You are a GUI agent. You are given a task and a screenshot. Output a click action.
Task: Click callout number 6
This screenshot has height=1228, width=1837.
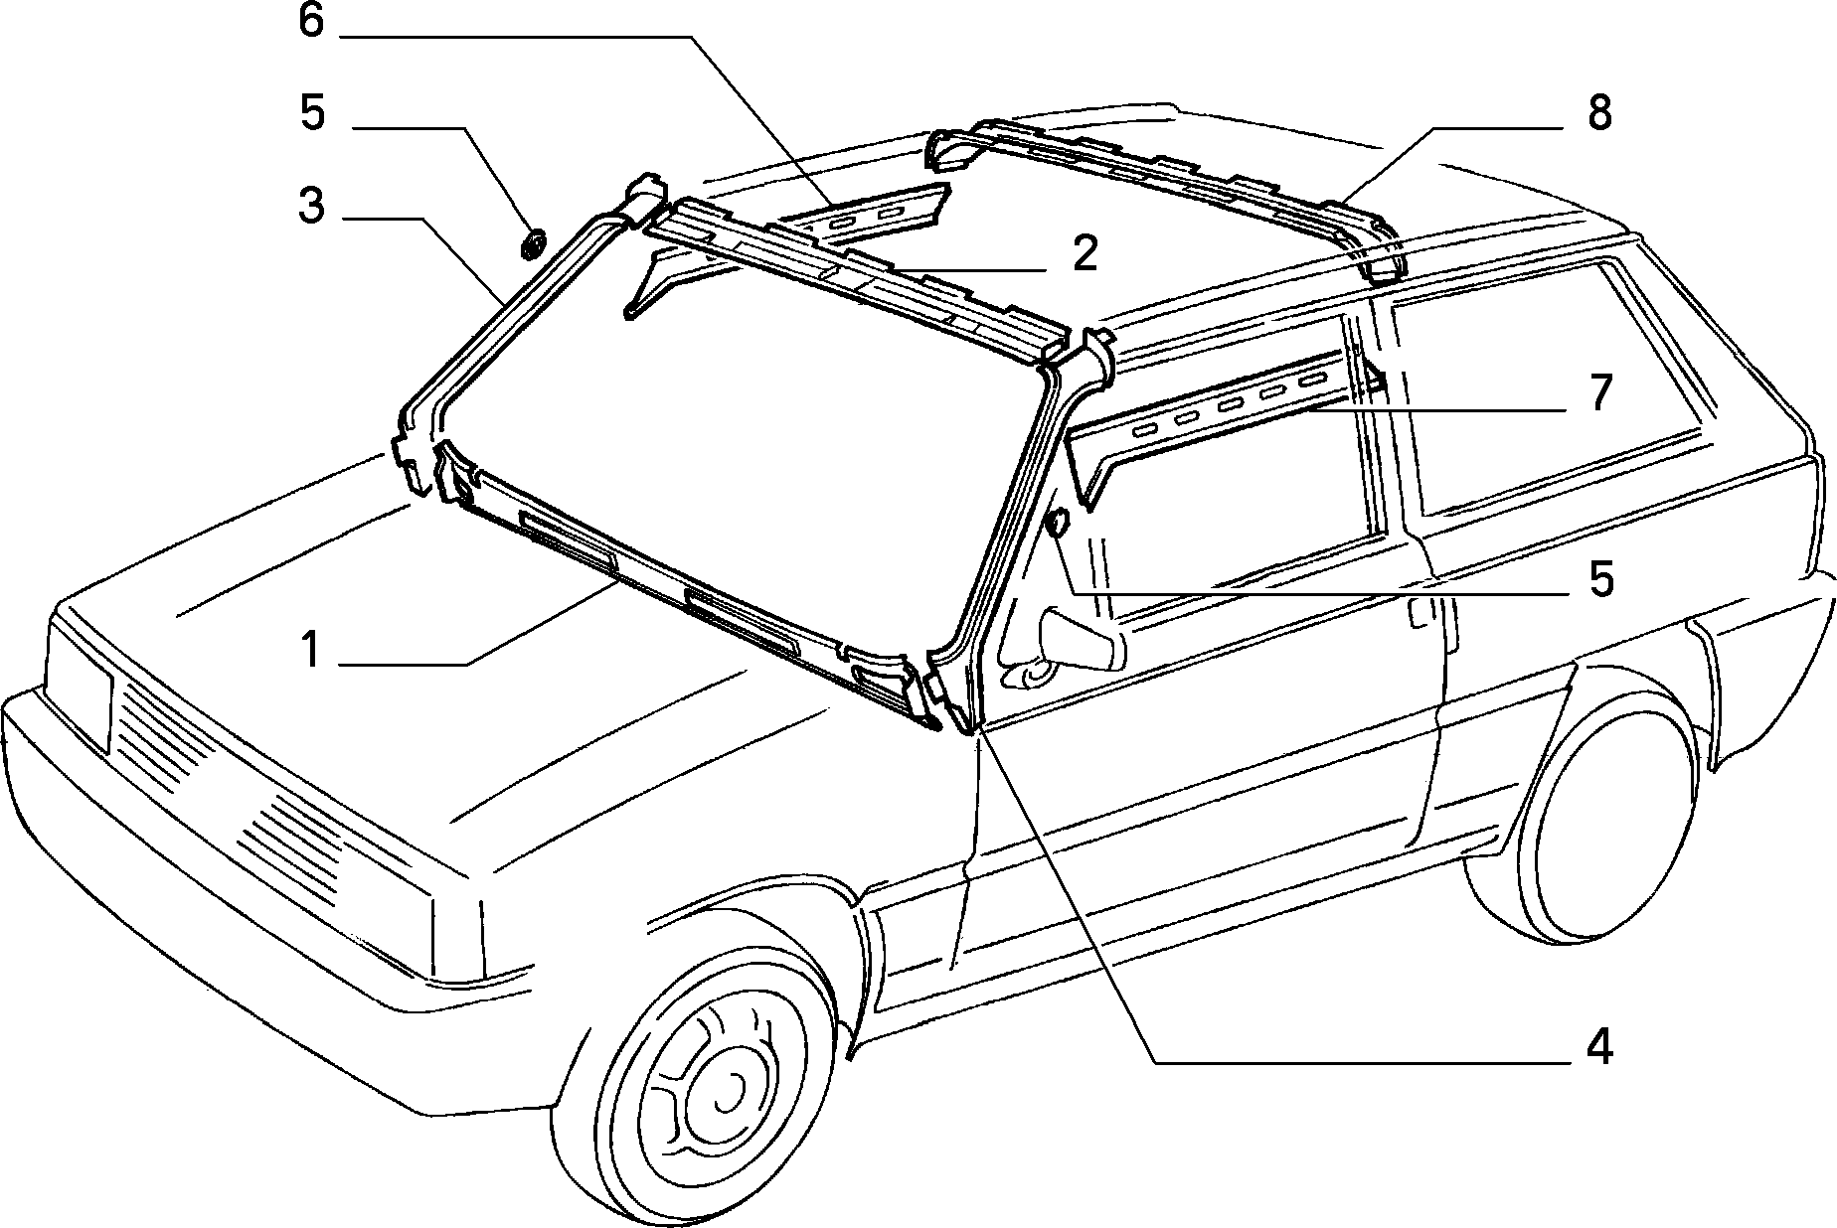pyautogui.click(x=311, y=20)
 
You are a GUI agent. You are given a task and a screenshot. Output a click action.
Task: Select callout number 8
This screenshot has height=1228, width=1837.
pyautogui.click(x=1599, y=113)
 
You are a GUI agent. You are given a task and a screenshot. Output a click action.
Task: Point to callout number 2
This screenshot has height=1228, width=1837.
pyautogui.click(x=1085, y=254)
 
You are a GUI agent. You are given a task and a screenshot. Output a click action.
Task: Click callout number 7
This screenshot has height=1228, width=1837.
pyautogui.click(x=1599, y=393)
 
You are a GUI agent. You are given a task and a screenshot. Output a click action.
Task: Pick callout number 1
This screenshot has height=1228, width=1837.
pyautogui.click(x=311, y=651)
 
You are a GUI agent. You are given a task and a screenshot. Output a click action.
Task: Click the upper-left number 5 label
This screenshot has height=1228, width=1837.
pyautogui.click(x=311, y=112)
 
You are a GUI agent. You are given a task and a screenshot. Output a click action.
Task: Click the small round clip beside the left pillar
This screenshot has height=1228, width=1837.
pyautogui.click(x=534, y=243)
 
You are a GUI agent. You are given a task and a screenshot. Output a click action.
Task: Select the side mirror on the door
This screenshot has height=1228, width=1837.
pyautogui.click(x=1079, y=642)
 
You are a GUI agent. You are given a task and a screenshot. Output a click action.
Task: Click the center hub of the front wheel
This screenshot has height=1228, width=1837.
pyautogui.click(x=731, y=1094)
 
